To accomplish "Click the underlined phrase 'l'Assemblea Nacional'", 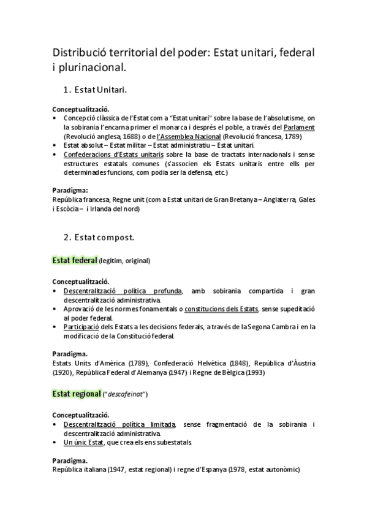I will pyautogui.click(x=189, y=136).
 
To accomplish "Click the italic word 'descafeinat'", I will pyautogui.click(x=130, y=394).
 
